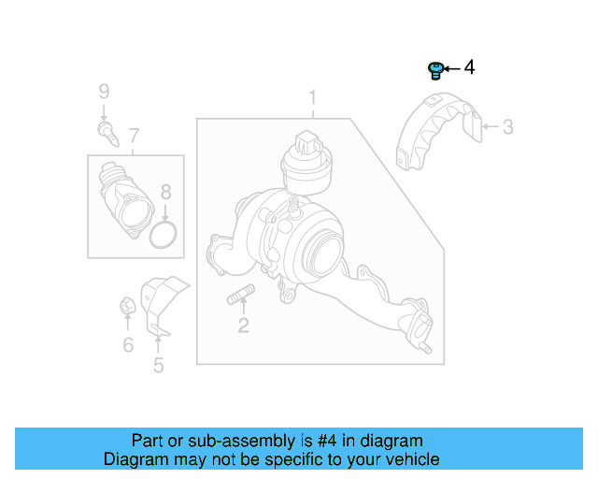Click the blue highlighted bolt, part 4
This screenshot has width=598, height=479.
[434, 69]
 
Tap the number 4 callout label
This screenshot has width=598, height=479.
[469, 67]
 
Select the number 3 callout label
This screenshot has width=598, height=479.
[507, 126]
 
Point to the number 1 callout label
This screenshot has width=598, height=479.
[313, 97]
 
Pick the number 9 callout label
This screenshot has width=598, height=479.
[105, 91]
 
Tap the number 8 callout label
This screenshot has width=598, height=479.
[165, 193]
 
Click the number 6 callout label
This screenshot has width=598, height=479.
[128, 345]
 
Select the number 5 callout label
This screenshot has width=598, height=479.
[158, 365]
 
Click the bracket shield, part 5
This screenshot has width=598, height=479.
[160, 299]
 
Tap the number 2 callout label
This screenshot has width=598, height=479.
[243, 326]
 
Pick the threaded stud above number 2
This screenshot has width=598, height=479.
[238, 298]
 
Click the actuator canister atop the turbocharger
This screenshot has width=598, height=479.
[306, 161]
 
